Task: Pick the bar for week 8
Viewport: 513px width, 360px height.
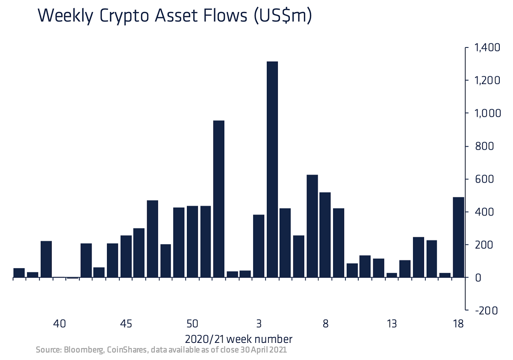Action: tap(325, 235)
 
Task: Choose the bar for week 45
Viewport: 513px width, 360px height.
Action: tap(126, 257)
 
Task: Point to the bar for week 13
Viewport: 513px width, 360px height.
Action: tap(392, 275)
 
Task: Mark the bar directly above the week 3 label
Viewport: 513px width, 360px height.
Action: tap(259, 246)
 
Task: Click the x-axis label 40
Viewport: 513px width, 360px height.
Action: tap(59, 324)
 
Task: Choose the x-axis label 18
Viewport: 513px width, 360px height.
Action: tap(458, 324)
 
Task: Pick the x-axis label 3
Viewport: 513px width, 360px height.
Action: tap(259, 324)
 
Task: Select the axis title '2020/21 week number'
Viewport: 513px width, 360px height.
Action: tap(239, 339)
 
